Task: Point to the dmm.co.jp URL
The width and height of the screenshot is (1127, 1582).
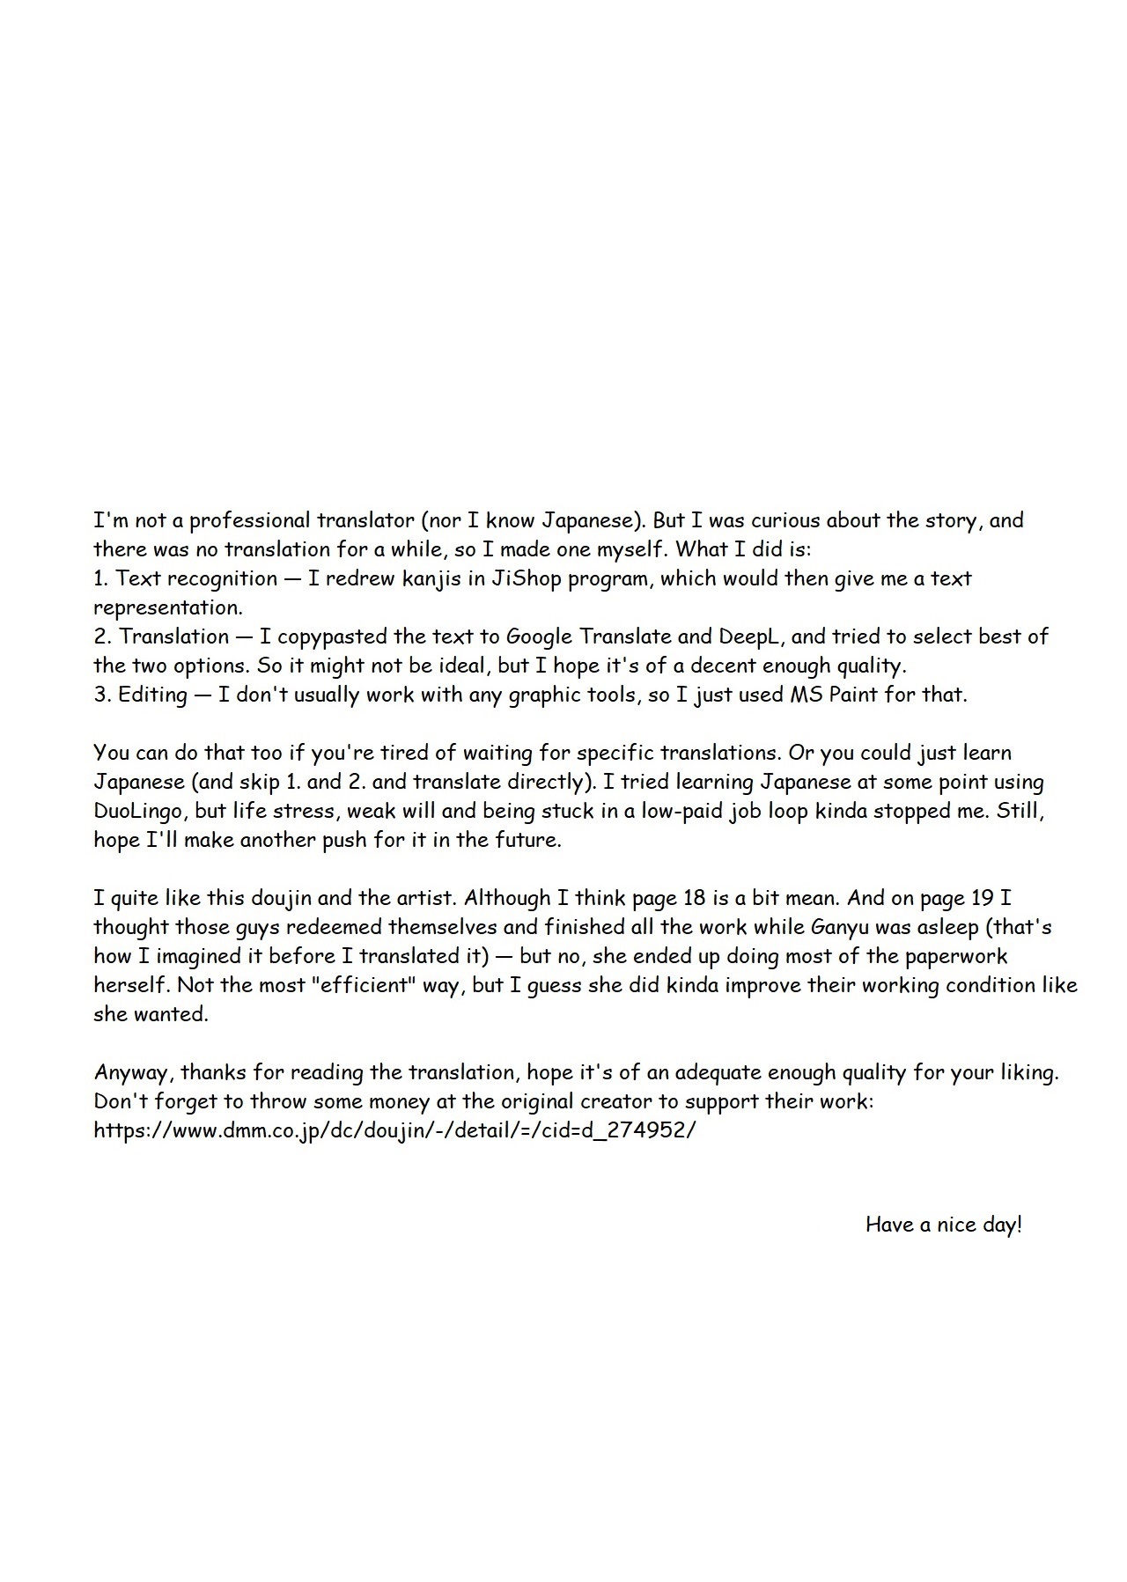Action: (394, 1130)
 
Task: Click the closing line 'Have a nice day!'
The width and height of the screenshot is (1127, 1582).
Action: (944, 1225)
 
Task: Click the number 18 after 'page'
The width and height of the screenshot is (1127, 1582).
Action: (692, 899)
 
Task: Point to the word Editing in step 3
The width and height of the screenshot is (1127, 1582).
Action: (152, 695)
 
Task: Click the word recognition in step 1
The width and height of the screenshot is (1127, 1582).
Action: (222, 579)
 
